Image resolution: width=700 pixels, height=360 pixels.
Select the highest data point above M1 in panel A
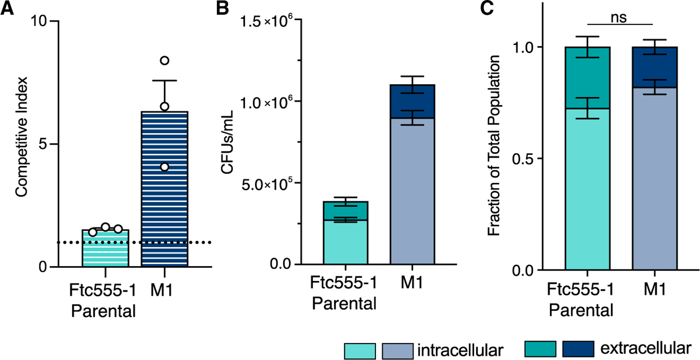pos(164,61)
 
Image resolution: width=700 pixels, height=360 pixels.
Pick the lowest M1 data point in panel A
pos(164,167)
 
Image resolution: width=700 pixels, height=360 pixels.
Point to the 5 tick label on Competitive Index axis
pos(43,144)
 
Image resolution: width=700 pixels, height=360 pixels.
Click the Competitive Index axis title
pos(22,137)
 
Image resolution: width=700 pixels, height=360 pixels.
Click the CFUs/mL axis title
pos(227,142)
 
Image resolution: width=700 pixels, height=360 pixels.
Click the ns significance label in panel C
pos(618,17)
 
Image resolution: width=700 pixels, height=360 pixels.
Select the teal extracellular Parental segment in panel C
pos(587,78)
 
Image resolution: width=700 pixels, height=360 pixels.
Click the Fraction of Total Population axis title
pos(493,146)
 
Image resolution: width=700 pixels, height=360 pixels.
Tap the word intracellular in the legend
pos(460,350)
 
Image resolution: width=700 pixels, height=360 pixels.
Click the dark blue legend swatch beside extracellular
pos(578,349)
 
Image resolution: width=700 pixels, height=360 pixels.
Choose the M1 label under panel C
pos(654,289)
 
